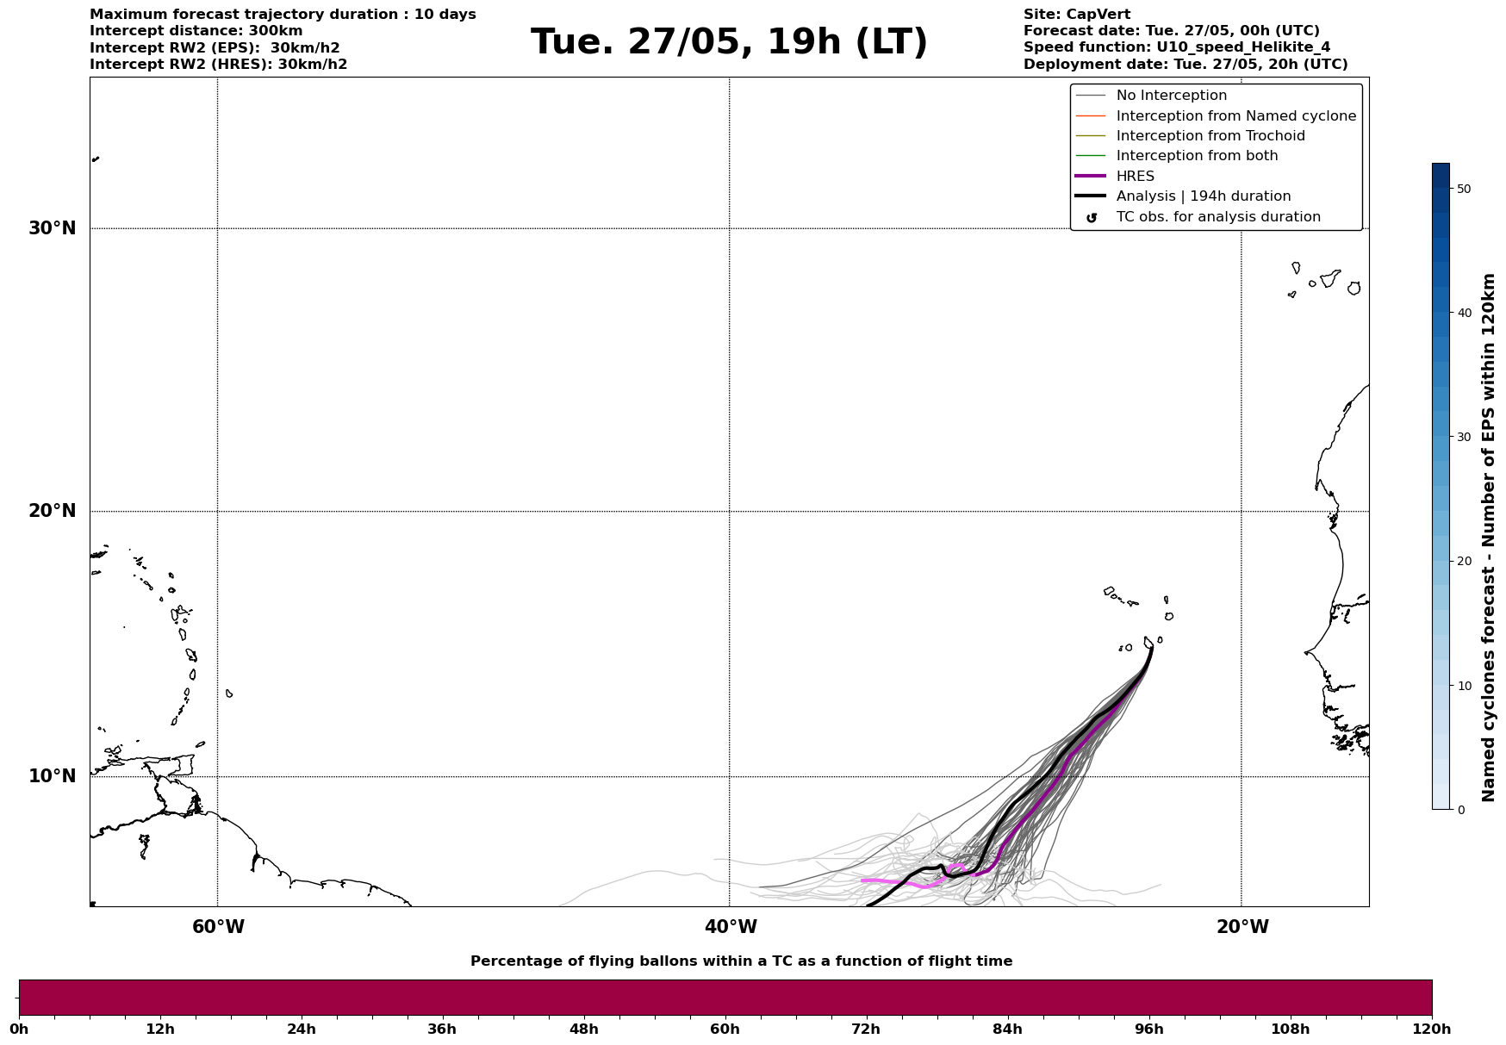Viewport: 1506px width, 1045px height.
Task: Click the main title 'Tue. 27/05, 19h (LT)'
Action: pyautogui.click(x=729, y=42)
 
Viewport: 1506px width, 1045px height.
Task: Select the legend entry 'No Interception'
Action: pyautogui.click(x=1171, y=96)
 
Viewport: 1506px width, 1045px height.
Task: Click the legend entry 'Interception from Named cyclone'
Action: pyautogui.click(x=1235, y=116)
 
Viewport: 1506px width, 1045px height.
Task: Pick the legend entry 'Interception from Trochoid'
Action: pyautogui.click(x=1210, y=136)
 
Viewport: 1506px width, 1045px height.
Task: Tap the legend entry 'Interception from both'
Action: pyautogui.click(x=1197, y=156)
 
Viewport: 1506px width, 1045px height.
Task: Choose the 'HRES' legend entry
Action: pyautogui.click(x=1135, y=177)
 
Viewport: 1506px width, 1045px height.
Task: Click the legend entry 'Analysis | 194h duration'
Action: pyautogui.click(x=1203, y=196)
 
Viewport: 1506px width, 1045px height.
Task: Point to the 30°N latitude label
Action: pyautogui.click(x=52, y=228)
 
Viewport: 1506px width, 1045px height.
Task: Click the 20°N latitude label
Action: pyautogui.click(x=52, y=511)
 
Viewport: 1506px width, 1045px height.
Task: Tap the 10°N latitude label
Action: pyautogui.click(x=52, y=776)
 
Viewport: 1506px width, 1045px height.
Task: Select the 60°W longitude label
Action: pyautogui.click(x=218, y=927)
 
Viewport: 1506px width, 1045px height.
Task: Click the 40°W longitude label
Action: pyautogui.click(x=731, y=927)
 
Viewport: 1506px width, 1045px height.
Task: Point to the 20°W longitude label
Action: pyautogui.click(x=1242, y=927)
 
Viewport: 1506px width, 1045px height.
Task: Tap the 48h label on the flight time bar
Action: pyautogui.click(x=583, y=1029)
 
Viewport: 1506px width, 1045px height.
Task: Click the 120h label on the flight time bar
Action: pyautogui.click(x=1431, y=1029)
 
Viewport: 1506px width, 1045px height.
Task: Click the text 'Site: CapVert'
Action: pyautogui.click(x=1076, y=15)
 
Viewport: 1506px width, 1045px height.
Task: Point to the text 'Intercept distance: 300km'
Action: pyautogui.click(x=196, y=31)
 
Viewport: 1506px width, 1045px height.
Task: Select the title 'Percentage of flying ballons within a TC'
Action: pyautogui.click(x=741, y=961)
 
